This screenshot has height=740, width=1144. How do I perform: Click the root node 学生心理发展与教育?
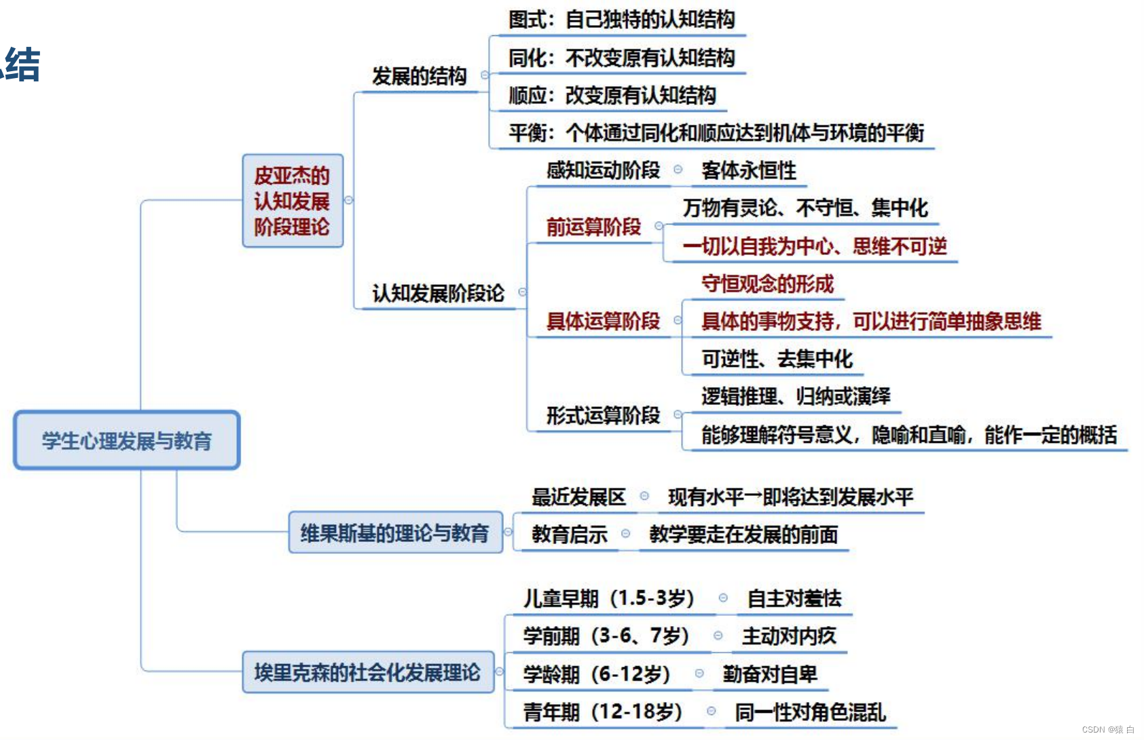tap(127, 440)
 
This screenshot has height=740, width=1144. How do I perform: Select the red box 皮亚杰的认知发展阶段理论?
tap(292, 201)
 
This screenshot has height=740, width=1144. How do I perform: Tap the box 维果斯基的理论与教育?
tap(395, 533)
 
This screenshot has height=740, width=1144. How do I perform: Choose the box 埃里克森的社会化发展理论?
tap(367, 672)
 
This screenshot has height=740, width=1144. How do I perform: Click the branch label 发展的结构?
tap(419, 76)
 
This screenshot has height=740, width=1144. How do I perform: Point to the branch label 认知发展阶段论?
tap(438, 293)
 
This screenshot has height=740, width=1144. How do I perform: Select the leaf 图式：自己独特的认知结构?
tap(621, 19)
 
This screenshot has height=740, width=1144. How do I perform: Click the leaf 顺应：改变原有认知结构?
tap(612, 95)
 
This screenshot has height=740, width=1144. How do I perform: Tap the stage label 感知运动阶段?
tap(603, 170)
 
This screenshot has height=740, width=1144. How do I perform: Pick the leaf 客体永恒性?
tap(748, 170)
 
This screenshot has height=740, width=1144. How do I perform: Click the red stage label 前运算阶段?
tap(593, 227)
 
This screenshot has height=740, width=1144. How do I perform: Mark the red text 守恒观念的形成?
tap(767, 284)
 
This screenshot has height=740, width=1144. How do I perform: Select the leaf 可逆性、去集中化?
tap(777, 359)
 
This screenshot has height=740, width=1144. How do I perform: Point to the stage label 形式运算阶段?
tap(603, 414)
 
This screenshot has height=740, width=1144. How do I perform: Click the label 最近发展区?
tap(578, 497)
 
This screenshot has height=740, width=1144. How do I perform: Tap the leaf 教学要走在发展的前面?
tap(743, 534)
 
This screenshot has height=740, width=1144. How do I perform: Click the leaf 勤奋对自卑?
tap(770, 674)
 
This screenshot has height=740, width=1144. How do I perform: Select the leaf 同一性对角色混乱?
tap(810, 712)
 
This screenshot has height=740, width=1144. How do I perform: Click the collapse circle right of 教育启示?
tap(625, 534)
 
